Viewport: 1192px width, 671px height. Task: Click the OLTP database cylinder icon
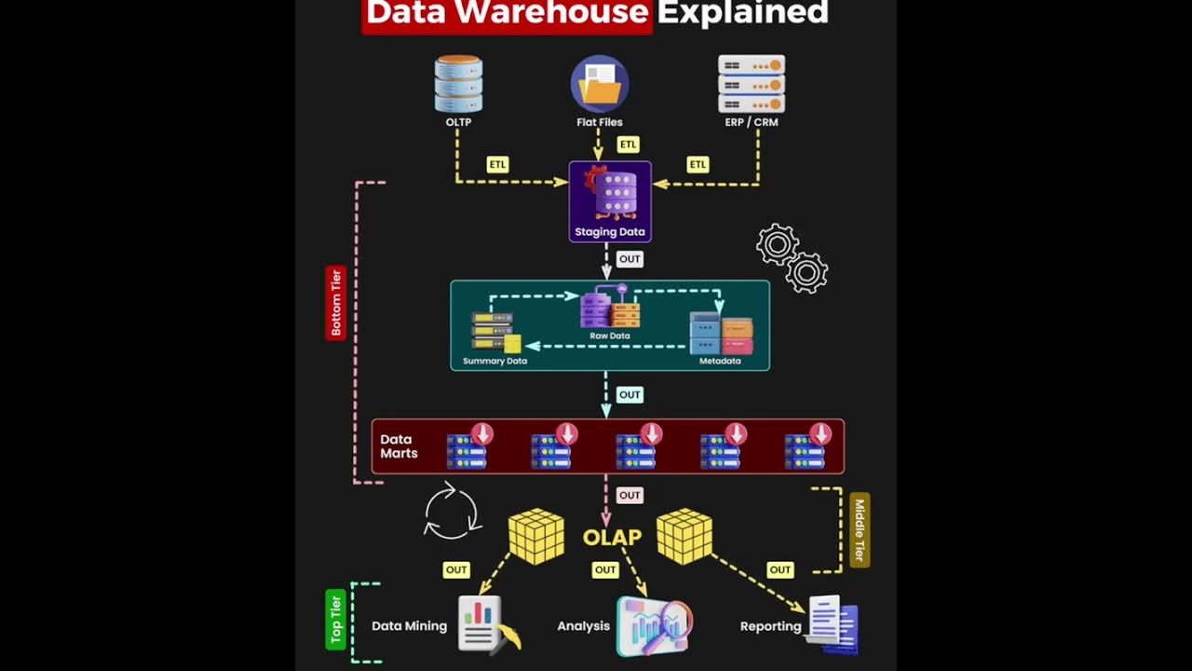click(x=458, y=84)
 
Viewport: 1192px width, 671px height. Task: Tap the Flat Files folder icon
click(x=599, y=84)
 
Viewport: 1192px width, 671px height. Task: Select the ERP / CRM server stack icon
click(x=752, y=84)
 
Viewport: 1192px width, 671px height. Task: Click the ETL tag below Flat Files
click(x=629, y=144)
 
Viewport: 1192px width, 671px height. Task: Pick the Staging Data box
click(x=610, y=201)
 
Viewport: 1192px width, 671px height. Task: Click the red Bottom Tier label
click(x=336, y=302)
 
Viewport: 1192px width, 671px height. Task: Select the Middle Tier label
click(x=859, y=530)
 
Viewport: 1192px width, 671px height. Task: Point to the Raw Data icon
click(x=610, y=308)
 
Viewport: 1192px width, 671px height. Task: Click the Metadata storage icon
click(x=721, y=334)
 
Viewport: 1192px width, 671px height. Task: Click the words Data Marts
click(x=399, y=446)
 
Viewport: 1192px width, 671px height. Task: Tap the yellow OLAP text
click(x=612, y=538)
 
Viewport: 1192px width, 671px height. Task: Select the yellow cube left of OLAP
click(x=536, y=536)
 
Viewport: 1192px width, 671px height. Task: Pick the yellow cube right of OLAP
click(x=684, y=536)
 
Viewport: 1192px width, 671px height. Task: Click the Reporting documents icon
click(x=833, y=623)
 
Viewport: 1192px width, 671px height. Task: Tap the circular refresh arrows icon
click(x=452, y=512)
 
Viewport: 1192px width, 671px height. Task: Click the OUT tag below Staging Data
click(x=630, y=259)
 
